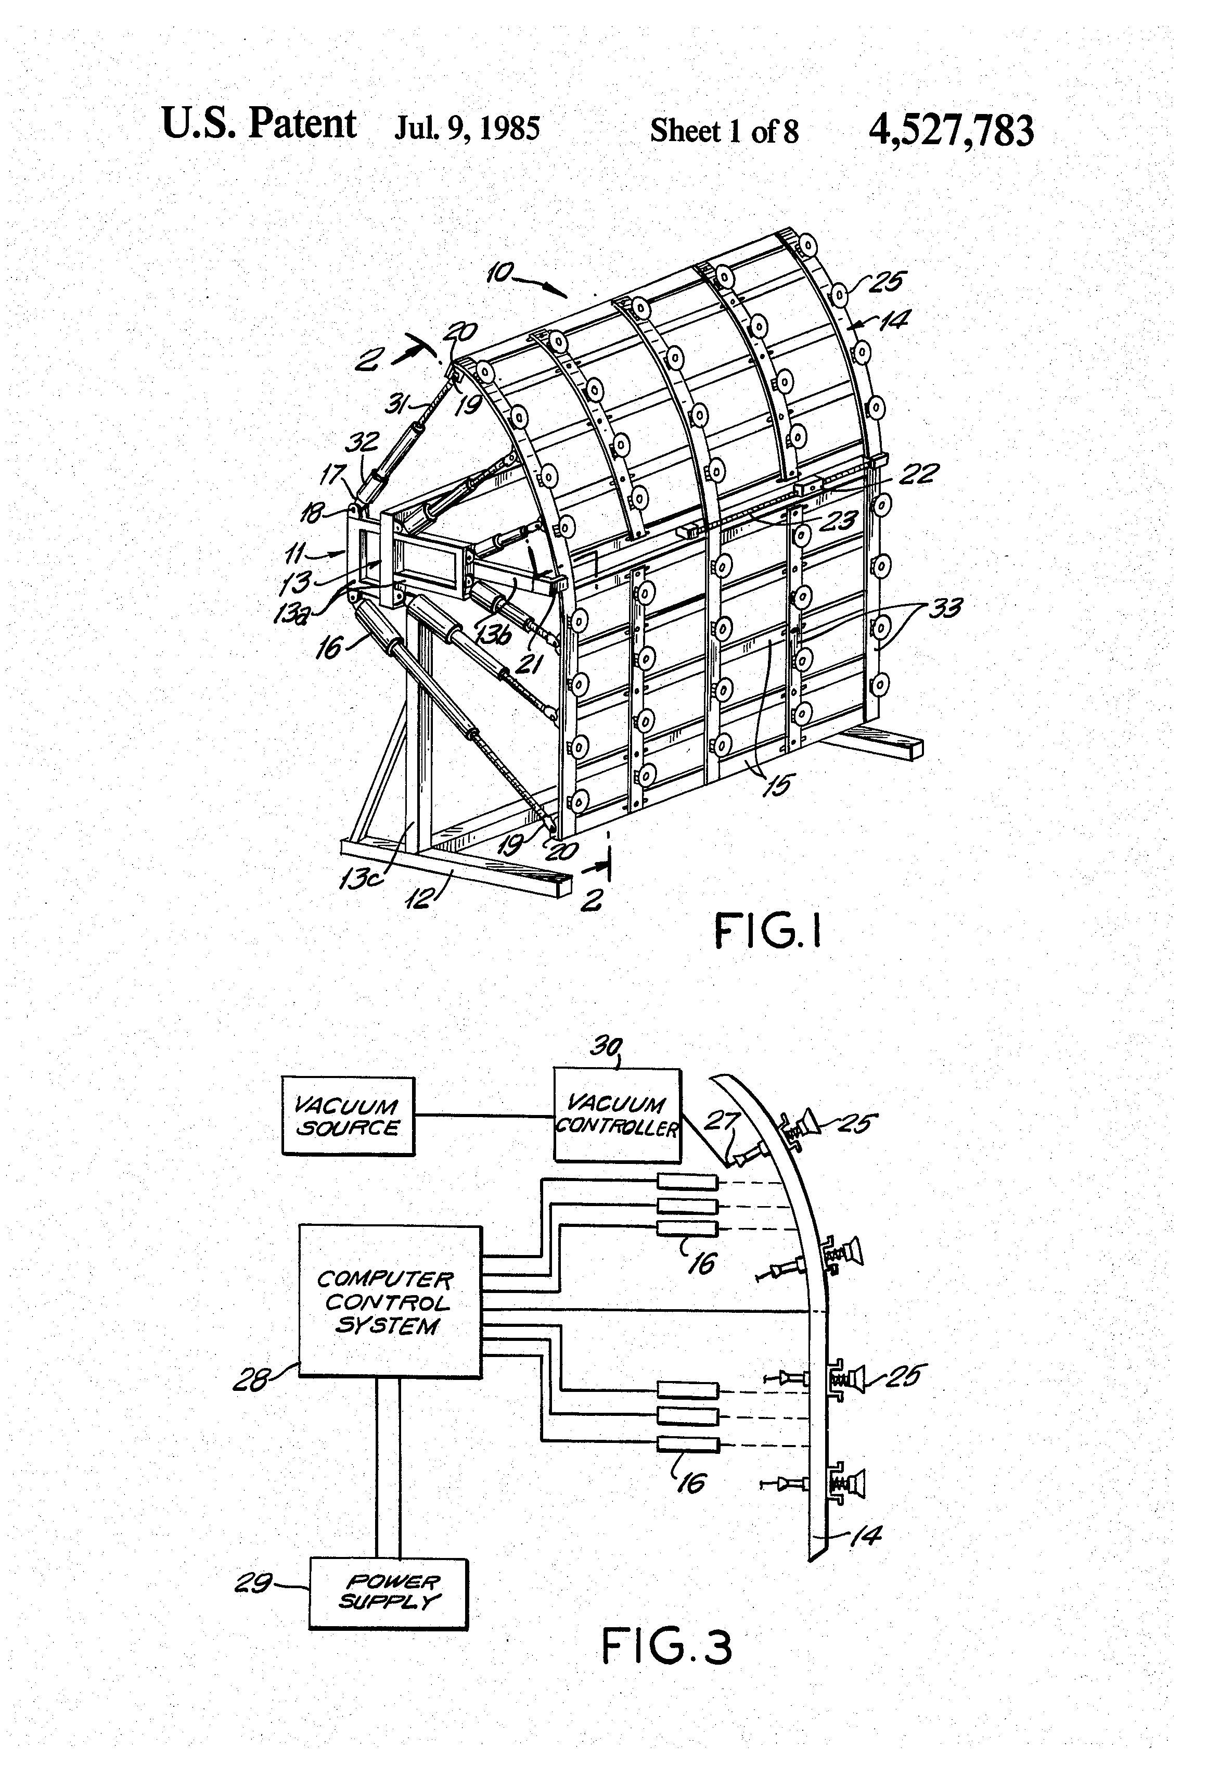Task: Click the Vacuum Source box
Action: [348, 1116]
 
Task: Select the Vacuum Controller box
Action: [617, 1114]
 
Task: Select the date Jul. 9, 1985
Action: [467, 128]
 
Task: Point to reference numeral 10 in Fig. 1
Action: [500, 273]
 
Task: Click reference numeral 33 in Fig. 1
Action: [946, 609]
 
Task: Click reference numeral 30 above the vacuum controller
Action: [606, 1045]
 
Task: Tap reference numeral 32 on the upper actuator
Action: [363, 441]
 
